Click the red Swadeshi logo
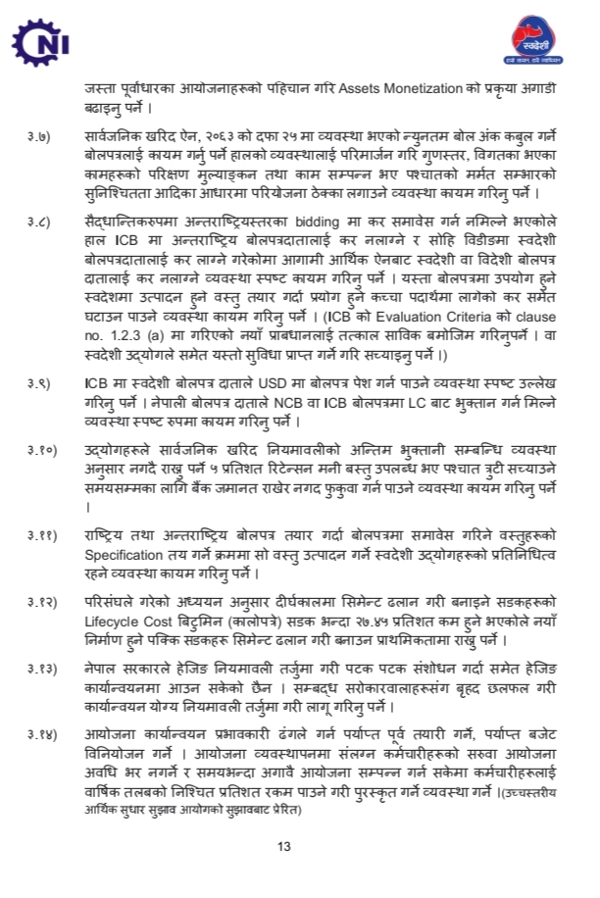(538, 42)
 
